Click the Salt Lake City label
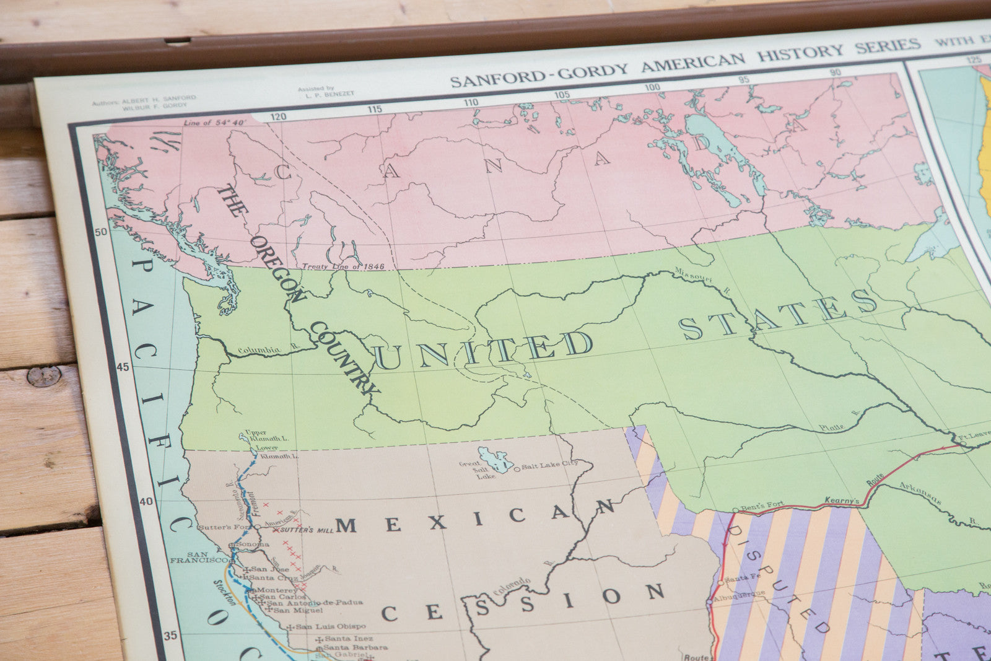550,465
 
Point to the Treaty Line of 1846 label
343,266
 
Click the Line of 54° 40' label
215,123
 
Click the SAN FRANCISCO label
207,557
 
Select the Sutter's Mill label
306,530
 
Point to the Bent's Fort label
762,506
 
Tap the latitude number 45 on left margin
123,367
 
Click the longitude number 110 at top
471,102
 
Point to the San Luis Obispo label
330,626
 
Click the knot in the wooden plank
43,376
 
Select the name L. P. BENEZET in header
326,94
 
